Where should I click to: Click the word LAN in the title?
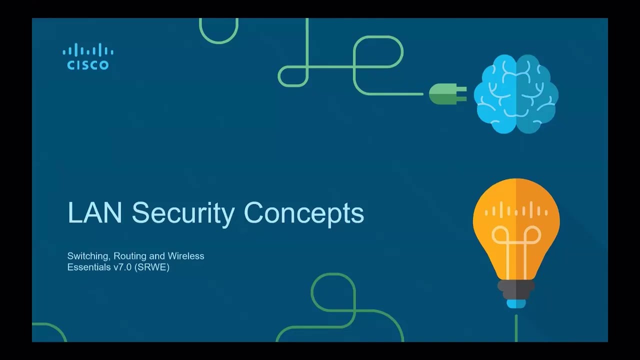[x=95, y=212]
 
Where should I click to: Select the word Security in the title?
[x=183, y=214]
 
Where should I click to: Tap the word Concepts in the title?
[x=304, y=214]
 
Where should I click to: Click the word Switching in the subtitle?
[x=88, y=256]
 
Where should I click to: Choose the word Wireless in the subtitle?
[x=186, y=255]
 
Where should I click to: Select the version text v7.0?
[x=122, y=267]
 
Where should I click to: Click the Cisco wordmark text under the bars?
[x=88, y=65]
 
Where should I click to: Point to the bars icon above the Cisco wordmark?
[x=88, y=49]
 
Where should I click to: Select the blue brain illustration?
[x=516, y=93]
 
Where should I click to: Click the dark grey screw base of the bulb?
[x=516, y=289]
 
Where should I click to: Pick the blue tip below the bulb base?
[x=516, y=303]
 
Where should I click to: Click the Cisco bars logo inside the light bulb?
[x=516, y=209]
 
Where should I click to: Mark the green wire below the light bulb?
[x=516, y=328]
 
